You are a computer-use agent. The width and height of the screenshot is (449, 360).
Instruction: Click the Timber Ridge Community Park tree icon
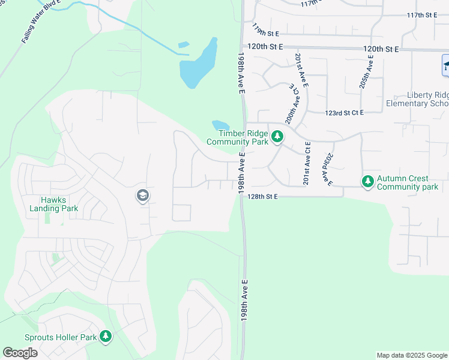click(277, 137)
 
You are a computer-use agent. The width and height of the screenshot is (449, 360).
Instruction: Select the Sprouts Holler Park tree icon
click(106, 337)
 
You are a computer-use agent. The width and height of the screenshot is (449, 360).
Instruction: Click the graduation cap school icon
click(143, 196)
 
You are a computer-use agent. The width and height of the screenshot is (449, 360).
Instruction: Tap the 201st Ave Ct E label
click(307, 163)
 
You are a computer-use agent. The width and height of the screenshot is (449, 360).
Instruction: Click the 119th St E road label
click(267, 29)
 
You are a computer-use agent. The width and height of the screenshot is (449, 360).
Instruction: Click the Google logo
click(20, 353)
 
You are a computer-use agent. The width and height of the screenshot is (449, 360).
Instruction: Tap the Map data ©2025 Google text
click(411, 355)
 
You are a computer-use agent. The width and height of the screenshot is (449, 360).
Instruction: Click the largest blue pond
click(198, 65)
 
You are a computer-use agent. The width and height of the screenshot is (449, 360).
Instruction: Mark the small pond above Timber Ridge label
click(220, 125)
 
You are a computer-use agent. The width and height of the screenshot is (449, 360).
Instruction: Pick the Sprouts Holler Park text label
click(61, 337)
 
